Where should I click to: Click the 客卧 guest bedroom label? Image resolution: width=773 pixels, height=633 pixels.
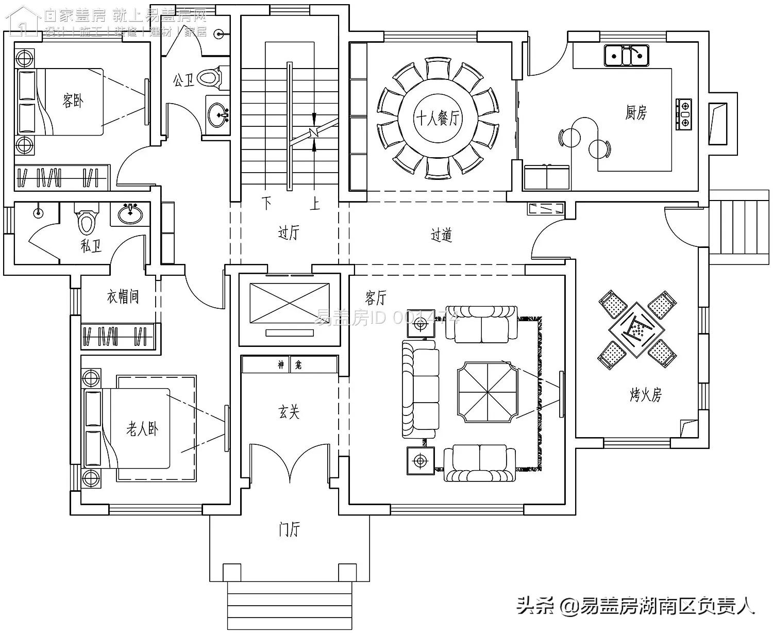[73, 101]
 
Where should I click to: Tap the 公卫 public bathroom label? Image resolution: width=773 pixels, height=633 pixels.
[183, 80]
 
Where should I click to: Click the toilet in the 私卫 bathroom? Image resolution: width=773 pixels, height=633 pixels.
[86, 220]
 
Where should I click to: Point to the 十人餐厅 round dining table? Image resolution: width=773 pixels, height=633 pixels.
[438, 119]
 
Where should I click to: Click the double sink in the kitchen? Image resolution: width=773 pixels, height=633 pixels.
[627, 55]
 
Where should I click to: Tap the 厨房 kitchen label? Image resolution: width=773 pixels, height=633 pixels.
[636, 112]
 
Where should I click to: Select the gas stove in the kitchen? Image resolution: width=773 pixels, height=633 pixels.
[684, 113]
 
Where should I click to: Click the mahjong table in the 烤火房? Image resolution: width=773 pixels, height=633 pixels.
[637, 330]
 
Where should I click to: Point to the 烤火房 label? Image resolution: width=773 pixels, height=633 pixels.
[645, 395]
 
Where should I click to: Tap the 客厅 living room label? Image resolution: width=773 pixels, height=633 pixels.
[376, 297]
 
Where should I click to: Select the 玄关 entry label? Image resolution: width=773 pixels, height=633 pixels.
[289, 412]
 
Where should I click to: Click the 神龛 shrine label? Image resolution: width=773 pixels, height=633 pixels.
[290, 365]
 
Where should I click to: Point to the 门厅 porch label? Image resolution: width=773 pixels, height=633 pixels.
[289, 529]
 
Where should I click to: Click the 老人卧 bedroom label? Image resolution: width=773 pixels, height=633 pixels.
[142, 429]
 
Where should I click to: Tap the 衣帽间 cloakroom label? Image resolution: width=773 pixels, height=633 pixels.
[123, 297]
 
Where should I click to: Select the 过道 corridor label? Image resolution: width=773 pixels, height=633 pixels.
[442, 235]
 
